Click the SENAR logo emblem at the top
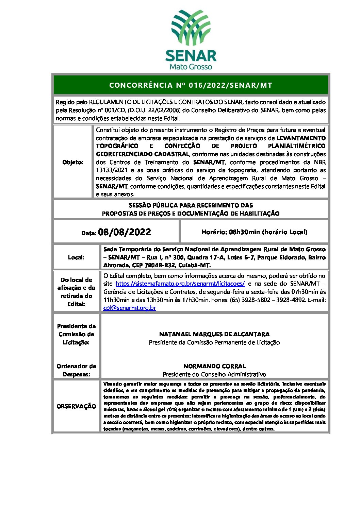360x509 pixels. point(191,28)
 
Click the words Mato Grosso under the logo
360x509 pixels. point(191,67)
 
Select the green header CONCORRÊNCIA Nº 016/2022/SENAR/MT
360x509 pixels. point(191,85)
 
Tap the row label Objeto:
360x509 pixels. point(73,162)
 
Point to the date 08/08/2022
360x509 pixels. point(124,232)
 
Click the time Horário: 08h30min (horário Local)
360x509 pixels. point(254,232)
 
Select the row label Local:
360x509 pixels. point(76,257)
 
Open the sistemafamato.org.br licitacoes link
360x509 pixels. point(180,284)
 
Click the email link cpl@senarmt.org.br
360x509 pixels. point(130,308)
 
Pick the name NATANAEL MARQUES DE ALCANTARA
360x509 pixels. point(214,334)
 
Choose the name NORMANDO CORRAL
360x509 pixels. point(214,366)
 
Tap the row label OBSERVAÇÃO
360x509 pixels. point(76,406)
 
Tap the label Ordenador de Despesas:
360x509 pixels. point(76,370)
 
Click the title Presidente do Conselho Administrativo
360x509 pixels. point(214,374)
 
